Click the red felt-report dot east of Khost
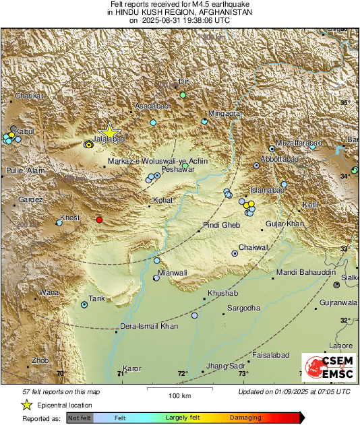(100, 220)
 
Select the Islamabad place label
(264, 191)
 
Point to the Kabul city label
(24, 131)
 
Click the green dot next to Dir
(183, 95)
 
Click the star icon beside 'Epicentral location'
(27, 404)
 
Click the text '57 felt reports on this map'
(61, 391)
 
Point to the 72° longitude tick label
(183, 374)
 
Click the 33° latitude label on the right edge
(344, 249)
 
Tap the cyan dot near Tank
(84, 304)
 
